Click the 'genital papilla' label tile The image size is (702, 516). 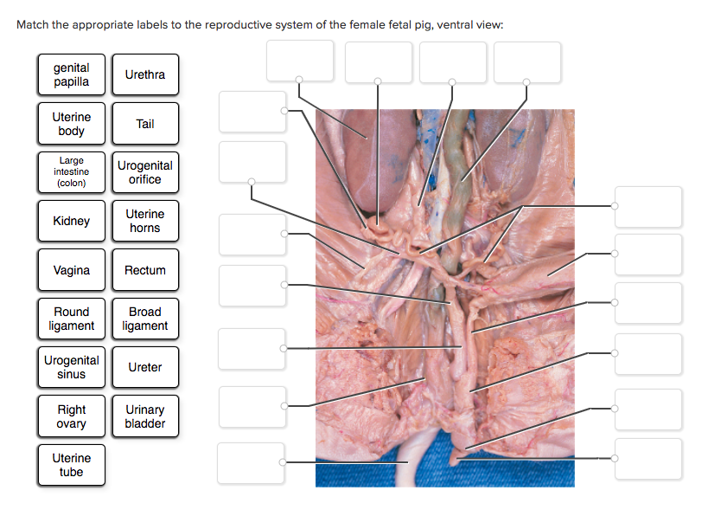click(x=71, y=74)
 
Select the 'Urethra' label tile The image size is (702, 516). click(x=144, y=74)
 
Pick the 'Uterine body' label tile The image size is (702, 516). click(x=71, y=124)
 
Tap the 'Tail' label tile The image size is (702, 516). click(x=144, y=124)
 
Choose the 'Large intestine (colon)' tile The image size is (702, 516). click(x=71, y=172)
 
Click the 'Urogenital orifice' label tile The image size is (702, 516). click(x=144, y=172)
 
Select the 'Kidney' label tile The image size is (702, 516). click(x=71, y=221)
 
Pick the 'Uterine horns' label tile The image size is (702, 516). click(x=144, y=221)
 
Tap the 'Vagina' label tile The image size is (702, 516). click(x=71, y=270)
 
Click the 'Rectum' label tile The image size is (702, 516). click(x=144, y=270)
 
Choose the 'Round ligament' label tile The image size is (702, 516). click(x=71, y=319)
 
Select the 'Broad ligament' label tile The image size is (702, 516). click(x=144, y=319)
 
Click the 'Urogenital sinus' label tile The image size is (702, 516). click(x=71, y=367)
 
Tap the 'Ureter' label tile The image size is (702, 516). click(x=144, y=367)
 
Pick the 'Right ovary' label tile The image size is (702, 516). click(x=71, y=416)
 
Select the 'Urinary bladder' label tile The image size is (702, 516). click(x=144, y=416)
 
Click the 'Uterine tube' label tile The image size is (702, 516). click(x=71, y=465)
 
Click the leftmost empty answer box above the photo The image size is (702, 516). click(x=299, y=61)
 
